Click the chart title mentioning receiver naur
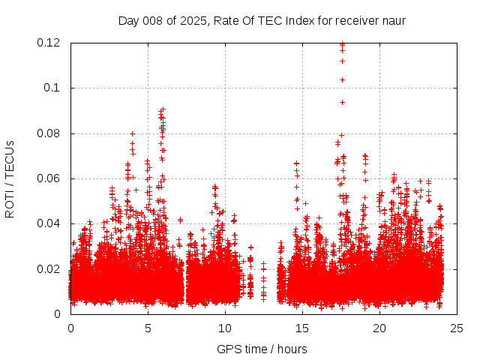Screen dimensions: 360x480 [x=262, y=20]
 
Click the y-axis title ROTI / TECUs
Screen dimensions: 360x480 [x=10, y=178]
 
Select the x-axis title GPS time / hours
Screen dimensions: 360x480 [x=262, y=349]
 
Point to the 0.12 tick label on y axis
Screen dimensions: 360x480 [x=49, y=43]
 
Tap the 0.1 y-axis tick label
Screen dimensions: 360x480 [x=54, y=88]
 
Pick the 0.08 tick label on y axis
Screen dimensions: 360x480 [x=49, y=133]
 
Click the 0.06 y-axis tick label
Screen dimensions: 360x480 [x=49, y=178]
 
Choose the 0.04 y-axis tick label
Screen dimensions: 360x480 [x=49, y=223]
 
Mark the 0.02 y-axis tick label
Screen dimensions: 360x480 [x=49, y=269]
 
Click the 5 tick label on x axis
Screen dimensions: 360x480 [x=148, y=328]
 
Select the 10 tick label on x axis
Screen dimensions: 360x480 [x=225, y=328]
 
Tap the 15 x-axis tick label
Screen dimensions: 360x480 [x=302, y=328]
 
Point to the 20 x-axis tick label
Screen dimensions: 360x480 [x=379, y=328]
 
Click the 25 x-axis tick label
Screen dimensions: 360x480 [x=456, y=328]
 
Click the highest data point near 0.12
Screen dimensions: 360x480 [x=342, y=44]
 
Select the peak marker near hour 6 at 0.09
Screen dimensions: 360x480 [x=163, y=109]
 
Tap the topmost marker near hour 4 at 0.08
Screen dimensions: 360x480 [x=132, y=134]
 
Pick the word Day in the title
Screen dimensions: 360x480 [x=128, y=20]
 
